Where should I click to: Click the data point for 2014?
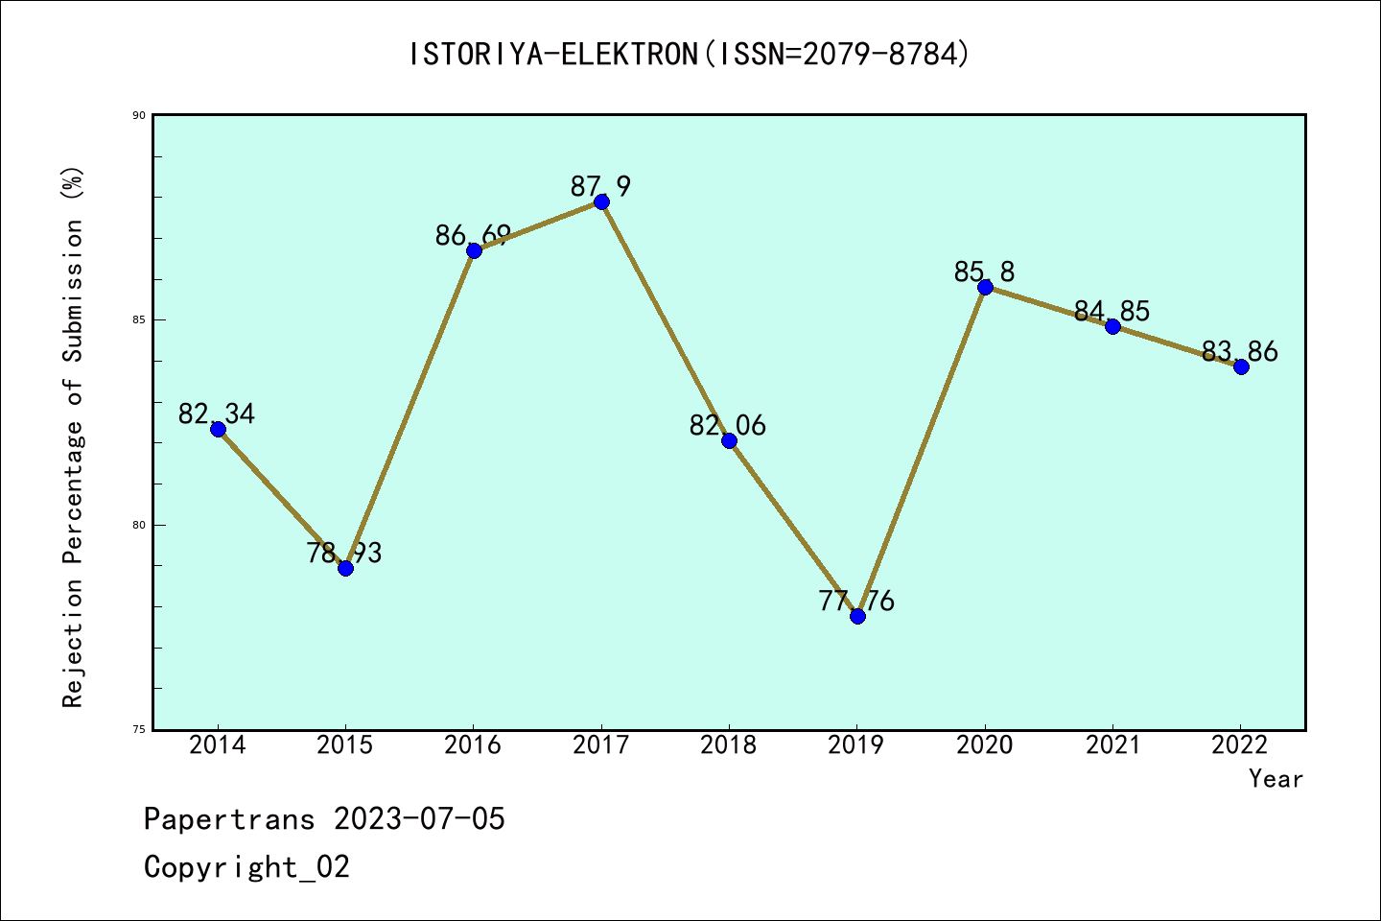[218, 429]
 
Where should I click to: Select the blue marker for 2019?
[857, 616]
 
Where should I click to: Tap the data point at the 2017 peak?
[601, 201]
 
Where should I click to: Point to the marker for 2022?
[1241, 366]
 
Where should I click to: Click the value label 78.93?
[344, 553]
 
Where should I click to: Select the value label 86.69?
[473, 235]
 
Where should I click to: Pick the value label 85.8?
[984, 272]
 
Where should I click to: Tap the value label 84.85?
[1112, 311]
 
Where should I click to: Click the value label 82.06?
[728, 425]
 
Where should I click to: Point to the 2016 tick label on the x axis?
[473, 745]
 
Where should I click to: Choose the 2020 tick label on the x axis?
[985, 745]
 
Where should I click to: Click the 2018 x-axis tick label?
[729, 745]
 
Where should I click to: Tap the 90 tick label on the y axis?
[139, 115]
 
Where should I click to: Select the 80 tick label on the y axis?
[139, 525]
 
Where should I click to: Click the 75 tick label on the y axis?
[139, 730]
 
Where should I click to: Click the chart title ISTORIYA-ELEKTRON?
[690, 55]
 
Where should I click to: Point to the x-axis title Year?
[1276, 779]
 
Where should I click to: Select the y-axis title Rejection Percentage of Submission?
[74, 437]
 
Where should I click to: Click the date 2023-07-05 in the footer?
[419, 819]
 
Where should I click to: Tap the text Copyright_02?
[246, 867]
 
